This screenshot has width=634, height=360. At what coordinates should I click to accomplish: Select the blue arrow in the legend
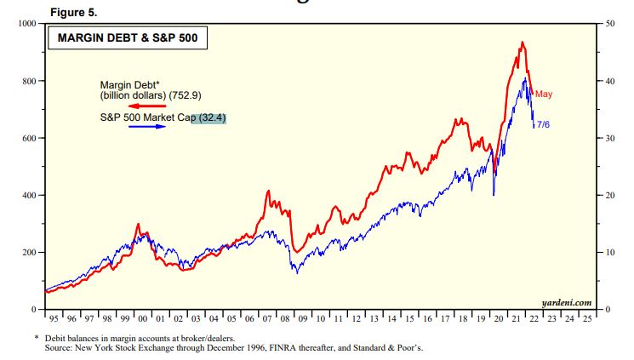(x=146, y=127)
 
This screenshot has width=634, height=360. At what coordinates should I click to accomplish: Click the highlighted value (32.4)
(x=213, y=117)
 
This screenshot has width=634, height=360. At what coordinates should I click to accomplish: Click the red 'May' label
(x=544, y=93)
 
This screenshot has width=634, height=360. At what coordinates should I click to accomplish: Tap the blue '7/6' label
(x=544, y=124)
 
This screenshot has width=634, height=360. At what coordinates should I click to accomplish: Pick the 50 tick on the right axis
(x=610, y=23)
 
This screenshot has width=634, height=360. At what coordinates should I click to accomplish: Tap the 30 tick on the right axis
(x=610, y=138)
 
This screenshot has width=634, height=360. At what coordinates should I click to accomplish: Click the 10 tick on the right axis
(x=610, y=253)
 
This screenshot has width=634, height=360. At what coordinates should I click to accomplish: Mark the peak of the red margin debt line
(x=522, y=43)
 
